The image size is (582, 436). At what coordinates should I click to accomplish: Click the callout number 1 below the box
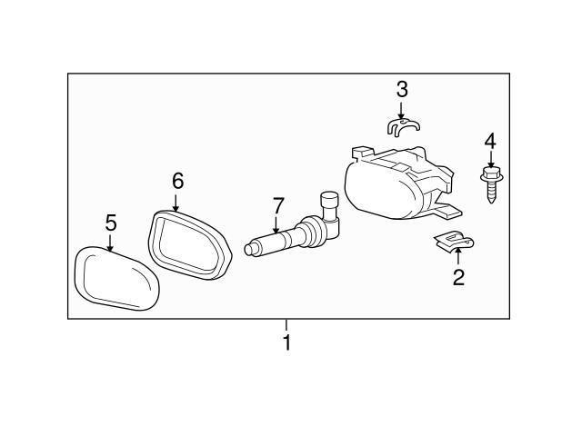point(286,343)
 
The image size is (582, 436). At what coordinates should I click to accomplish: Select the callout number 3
point(402,89)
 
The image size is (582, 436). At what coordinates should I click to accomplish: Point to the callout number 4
point(490,141)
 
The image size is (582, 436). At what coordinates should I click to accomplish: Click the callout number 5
point(111,223)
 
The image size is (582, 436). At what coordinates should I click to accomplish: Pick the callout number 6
point(177,181)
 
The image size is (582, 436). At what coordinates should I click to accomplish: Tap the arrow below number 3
point(402,108)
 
